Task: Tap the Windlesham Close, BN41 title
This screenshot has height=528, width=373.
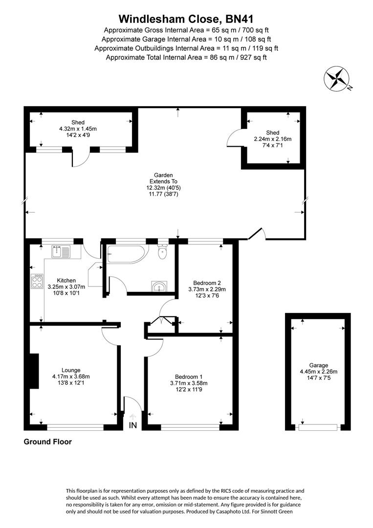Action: coord(186,19)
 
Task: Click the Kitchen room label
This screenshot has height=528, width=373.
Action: coord(66,280)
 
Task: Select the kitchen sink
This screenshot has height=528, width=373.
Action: coord(61,252)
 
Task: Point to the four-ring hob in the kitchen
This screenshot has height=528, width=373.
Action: coord(37,281)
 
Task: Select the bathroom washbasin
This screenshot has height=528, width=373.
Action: coord(159,286)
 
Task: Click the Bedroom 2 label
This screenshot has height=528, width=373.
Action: coord(207,283)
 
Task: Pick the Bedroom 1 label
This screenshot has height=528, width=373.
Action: coord(189,377)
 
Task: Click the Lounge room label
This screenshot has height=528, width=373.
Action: coord(71,370)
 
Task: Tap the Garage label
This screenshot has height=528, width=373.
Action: coord(318,365)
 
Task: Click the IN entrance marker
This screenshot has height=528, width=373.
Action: coord(133,425)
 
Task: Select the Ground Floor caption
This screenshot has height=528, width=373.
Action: coord(48,442)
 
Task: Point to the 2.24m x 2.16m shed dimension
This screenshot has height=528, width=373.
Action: coord(273,139)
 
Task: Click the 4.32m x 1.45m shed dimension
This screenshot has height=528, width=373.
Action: coord(78,129)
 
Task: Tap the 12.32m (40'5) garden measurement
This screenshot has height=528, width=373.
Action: coord(163,188)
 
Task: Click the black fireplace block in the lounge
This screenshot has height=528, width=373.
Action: coord(34,371)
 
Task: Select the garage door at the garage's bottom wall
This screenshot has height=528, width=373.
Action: coord(318,427)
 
